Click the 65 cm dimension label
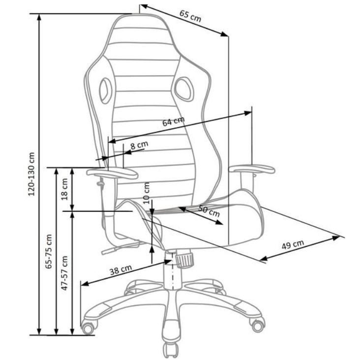coord(190,16)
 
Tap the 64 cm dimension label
coord(173,121)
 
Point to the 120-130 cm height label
coord(31,174)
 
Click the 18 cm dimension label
coord(65,189)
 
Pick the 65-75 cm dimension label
coord(49,251)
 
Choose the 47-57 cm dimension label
coord(65,273)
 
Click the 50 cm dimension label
coord(209,211)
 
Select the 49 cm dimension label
coord(293,244)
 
